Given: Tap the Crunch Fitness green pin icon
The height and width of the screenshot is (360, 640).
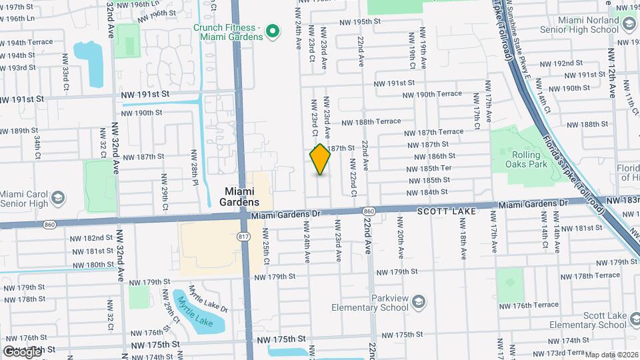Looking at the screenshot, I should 272,31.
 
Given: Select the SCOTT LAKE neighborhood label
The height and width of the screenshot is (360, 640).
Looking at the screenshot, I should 447,211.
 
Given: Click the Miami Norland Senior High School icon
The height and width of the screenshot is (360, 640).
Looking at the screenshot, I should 629,25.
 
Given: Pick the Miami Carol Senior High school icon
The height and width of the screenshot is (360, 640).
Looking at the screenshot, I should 58,197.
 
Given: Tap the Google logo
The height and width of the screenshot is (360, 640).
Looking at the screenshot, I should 22,351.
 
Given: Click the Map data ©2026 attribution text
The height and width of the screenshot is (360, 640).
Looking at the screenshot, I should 611,355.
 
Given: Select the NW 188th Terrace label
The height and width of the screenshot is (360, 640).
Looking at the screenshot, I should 371,121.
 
